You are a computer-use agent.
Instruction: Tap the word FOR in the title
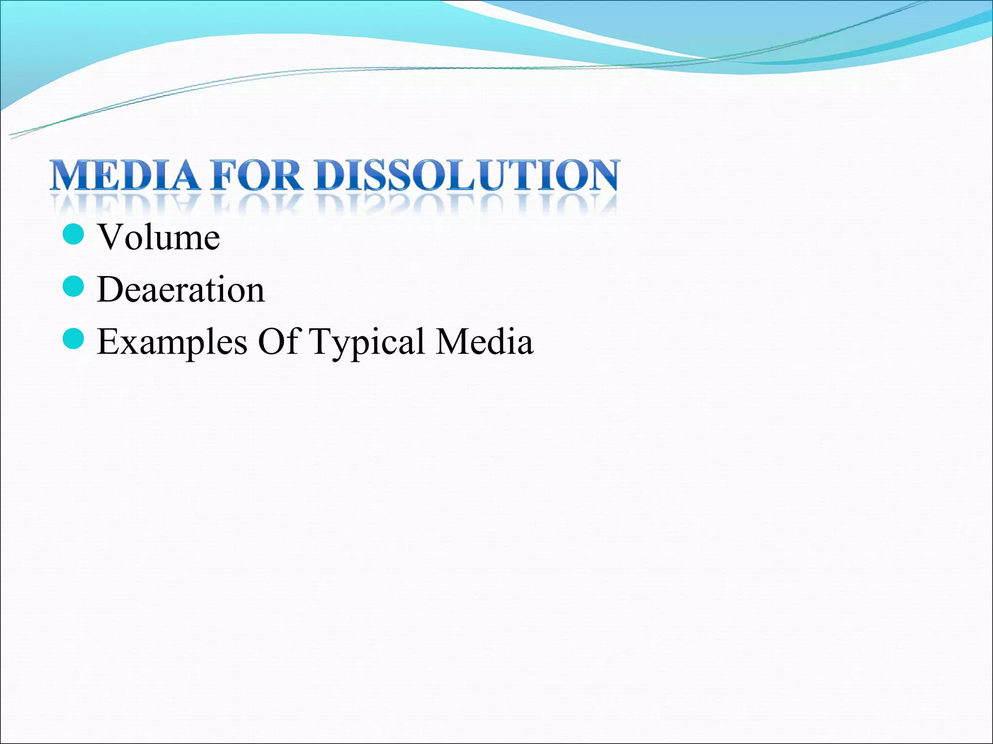pos(257,175)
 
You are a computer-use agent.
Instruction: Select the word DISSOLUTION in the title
pos(466,175)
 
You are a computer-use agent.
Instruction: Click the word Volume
pos(159,237)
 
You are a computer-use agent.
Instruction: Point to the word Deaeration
pos(181,290)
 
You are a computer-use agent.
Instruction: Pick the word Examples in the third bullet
pos(172,342)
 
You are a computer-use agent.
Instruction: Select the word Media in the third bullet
pos(485,341)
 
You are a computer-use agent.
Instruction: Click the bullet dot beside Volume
pos(74,234)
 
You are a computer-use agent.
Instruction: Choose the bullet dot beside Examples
pos(74,339)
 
